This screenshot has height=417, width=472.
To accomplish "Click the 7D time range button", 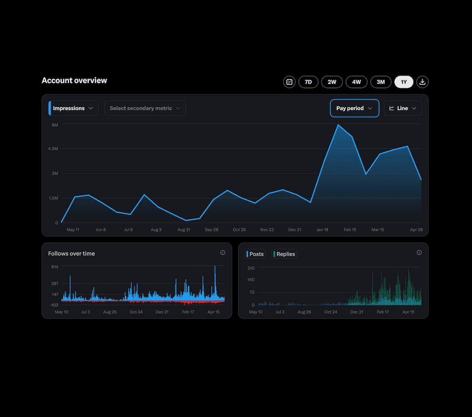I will (x=308, y=82).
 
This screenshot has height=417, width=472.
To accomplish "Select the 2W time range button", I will (x=332, y=82).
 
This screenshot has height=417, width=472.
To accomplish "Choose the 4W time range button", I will (x=357, y=82).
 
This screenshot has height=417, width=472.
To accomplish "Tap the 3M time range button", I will (x=381, y=82).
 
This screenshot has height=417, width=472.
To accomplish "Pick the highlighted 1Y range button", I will (x=404, y=82).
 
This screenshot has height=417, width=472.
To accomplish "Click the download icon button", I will (x=423, y=82).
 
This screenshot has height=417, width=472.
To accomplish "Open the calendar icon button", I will (x=289, y=82).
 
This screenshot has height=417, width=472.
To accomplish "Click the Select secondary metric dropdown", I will (x=145, y=108).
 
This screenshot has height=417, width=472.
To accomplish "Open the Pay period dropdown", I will (x=354, y=108).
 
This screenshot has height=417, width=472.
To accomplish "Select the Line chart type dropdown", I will (x=403, y=108).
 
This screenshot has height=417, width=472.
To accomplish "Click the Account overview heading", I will (x=74, y=80).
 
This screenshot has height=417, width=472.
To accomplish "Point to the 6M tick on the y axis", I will (x=55, y=125).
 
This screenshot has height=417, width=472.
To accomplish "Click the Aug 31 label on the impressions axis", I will (x=184, y=229).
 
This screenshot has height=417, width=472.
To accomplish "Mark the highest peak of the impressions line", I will (x=338, y=125).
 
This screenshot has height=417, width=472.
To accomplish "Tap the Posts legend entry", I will (x=256, y=254).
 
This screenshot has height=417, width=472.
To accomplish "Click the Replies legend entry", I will (x=285, y=254).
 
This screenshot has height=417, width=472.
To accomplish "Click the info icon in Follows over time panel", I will (x=222, y=253).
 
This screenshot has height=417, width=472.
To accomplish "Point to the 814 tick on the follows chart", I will (x=55, y=267).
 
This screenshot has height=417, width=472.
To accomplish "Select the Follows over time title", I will (x=71, y=254).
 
